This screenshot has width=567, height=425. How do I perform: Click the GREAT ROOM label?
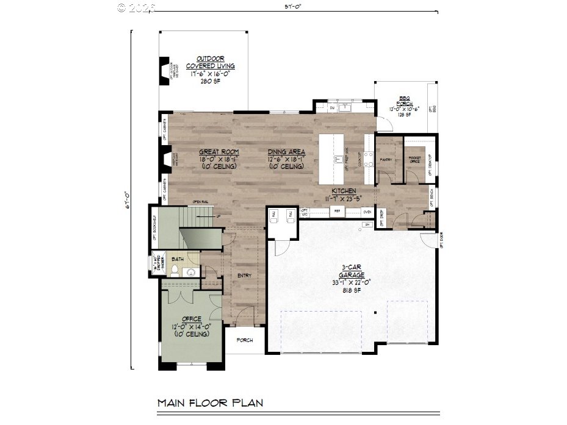[218, 152]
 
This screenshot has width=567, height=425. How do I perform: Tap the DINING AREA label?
[286, 152]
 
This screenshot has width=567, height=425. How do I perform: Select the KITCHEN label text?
[344, 191]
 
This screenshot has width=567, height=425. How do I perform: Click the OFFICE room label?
[192, 319]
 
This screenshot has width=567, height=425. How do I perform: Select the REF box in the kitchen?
[338, 212]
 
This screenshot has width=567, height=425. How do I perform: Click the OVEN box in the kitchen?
[367, 212]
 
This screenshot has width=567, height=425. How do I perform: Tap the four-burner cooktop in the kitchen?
[369, 159]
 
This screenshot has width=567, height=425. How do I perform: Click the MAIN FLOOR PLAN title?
[210, 402]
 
